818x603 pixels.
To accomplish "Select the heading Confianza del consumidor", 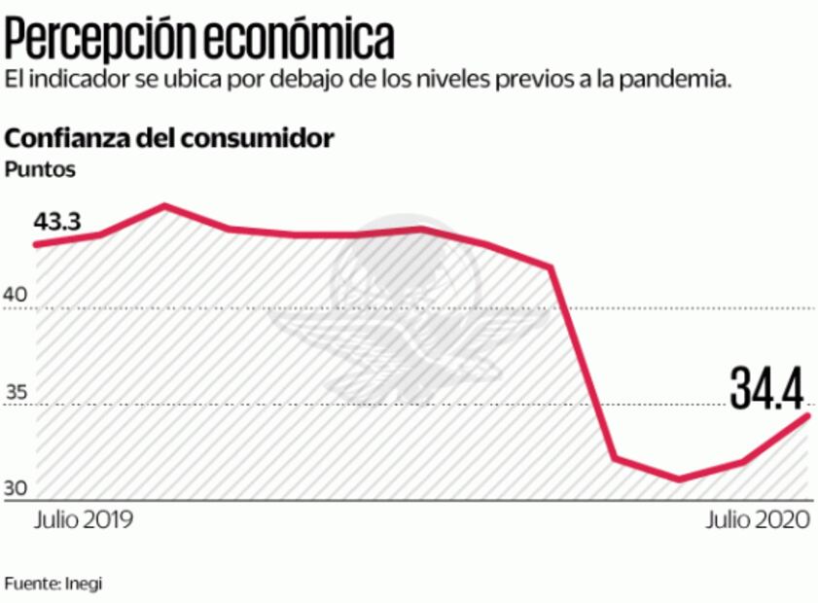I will (x=170, y=137).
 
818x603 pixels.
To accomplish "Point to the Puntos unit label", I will (x=40, y=168).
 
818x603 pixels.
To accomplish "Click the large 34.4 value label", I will (x=766, y=389).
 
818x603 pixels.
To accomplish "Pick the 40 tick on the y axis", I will (x=18, y=294).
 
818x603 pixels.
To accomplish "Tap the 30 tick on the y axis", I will (x=18, y=489).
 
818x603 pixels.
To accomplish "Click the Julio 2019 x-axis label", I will (x=84, y=519).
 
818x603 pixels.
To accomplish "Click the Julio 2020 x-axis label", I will (x=757, y=519).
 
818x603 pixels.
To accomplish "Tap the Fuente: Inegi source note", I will (x=53, y=584).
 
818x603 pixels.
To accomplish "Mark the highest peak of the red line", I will (x=164, y=205).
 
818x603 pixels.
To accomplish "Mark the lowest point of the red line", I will (x=679, y=479).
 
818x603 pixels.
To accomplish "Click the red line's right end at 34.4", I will (x=807, y=416).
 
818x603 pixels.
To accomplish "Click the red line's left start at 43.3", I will (x=37, y=243).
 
